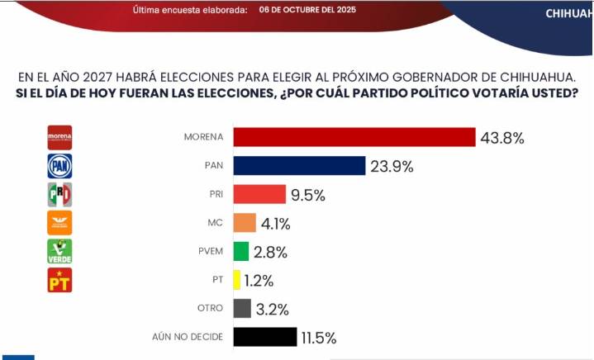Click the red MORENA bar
coord(354,137)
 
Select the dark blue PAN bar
coord(299,166)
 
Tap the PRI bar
coord(259,195)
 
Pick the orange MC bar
coord(245,223)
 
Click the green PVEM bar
coord(241,251)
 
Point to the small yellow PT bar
coord(237,280)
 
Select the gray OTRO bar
coord(242,309)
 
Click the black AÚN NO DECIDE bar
coord(265,337)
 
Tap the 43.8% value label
coord(502,138)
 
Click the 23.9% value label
coord(392,166)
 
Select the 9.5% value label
coord(307,195)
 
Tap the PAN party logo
coord(59,166)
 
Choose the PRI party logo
coord(59,195)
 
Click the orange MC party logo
coord(59,223)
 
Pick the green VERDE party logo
coord(59,251)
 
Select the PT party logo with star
coord(59,280)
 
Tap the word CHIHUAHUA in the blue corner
coord(568,13)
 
